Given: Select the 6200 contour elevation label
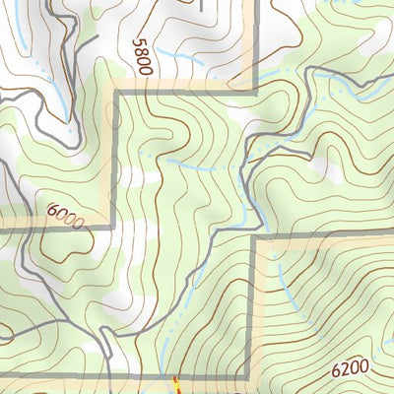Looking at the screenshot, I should click(350, 369).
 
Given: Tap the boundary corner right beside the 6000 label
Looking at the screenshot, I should click(116, 225).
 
